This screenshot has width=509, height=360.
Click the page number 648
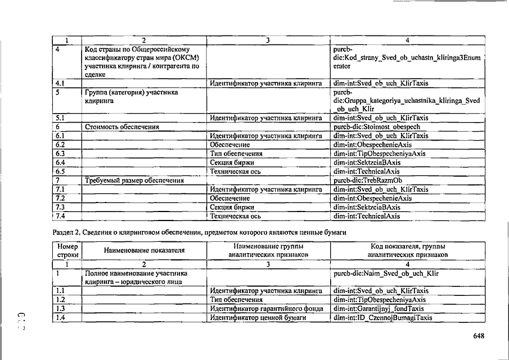point(479,336)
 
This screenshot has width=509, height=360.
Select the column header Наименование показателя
point(144,250)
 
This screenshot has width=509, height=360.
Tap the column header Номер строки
point(67,250)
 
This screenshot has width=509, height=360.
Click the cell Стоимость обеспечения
point(122,127)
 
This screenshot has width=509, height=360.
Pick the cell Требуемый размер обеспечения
point(134,181)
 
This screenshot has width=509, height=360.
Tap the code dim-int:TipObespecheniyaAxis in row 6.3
point(379,154)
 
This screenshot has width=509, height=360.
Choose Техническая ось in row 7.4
point(235,216)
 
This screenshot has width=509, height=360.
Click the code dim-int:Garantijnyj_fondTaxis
point(378,309)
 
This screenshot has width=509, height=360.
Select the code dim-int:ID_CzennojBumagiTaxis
point(382,318)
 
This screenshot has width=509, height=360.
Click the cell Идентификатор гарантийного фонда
point(265,309)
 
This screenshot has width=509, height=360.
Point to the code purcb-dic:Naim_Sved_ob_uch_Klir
point(385,273)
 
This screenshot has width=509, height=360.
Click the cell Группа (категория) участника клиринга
point(131,96)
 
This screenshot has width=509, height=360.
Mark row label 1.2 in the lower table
point(61,300)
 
